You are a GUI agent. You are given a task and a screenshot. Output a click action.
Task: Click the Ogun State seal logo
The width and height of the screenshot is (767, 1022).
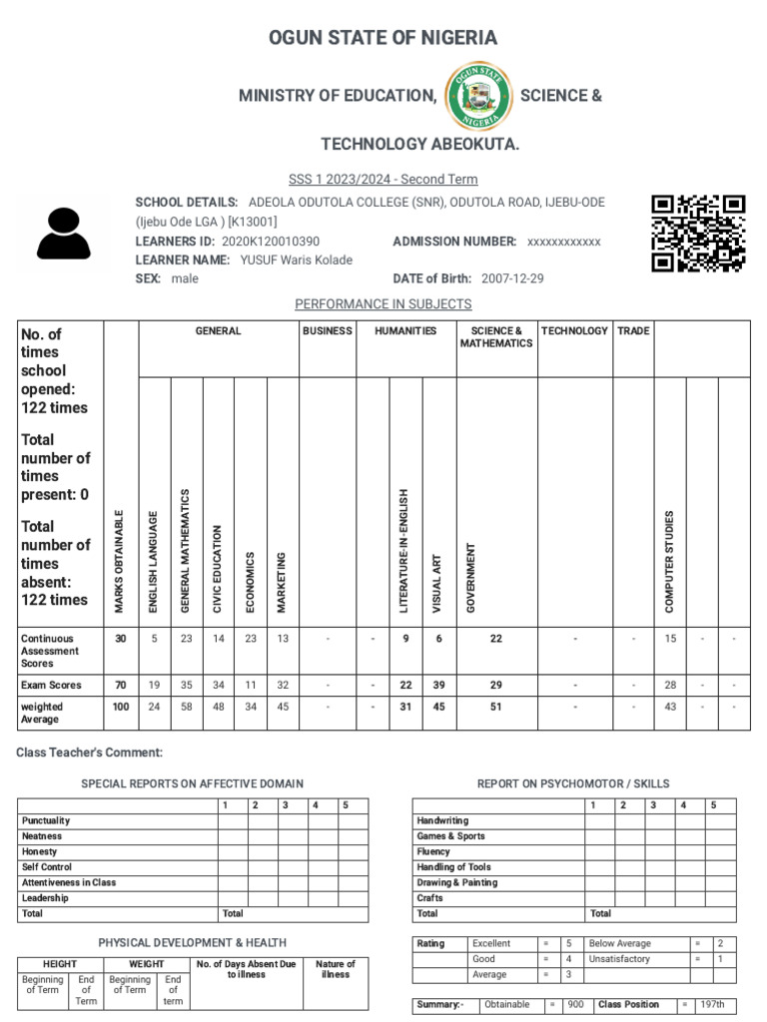(x=478, y=96)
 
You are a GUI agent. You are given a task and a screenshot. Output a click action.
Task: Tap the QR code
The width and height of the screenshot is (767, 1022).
(x=698, y=233)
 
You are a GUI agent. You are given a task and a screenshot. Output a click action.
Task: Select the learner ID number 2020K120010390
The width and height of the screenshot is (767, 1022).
(x=271, y=242)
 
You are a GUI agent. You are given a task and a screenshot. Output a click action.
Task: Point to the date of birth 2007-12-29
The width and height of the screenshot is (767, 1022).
(x=512, y=278)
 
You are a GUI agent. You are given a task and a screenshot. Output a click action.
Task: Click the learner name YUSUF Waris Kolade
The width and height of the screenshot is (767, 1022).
(x=297, y=260)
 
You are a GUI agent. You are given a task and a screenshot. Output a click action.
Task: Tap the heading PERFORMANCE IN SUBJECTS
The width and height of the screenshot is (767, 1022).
(x=383, y=304)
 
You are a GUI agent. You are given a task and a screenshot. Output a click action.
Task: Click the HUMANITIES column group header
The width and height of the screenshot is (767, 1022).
(x=405, y=331)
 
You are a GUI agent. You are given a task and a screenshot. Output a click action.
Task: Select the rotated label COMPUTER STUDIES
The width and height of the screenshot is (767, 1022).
(x=670, y=561)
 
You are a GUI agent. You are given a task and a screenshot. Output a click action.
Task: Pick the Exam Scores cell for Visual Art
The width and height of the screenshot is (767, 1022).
(x=437, y=686)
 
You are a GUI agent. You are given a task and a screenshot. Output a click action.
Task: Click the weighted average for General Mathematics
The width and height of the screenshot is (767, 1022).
(x=186, y=708)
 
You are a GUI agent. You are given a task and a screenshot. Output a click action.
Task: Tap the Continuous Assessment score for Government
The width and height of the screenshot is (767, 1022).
(x=496, y=639)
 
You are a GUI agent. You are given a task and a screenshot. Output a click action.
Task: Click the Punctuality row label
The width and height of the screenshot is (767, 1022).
(x=46, y=820)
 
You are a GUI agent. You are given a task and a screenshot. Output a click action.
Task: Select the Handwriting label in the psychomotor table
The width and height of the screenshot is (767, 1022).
(x=442, y=820)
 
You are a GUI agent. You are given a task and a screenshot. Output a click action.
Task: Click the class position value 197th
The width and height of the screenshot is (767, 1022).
(x=712, y=1005)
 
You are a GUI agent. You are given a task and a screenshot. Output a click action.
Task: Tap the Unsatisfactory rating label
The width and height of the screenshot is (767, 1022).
(x=619, y=959)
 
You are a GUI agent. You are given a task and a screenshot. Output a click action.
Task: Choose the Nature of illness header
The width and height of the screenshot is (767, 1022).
(x=336, y=969)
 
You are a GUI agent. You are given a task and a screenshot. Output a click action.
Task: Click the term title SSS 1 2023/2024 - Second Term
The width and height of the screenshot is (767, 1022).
(x=383, y=180)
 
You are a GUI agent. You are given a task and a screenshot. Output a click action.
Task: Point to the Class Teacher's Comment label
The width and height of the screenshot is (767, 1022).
(x=89, y=753)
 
